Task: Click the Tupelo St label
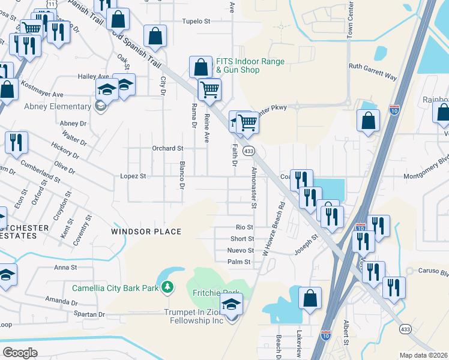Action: pyautogui.click(x=197, y=21)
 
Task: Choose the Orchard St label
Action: pyautogui.click(x=167, y=148)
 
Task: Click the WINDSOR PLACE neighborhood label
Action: pyautogui.click(x=146, y=232)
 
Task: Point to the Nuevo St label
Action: pyautogui.click(x=241, y=250)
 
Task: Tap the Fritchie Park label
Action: pyautogui.click(x=207, y=293)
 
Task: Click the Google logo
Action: pyautogui.click(x=20, y=353)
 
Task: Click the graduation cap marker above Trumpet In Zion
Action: pyautogui.click(x=231, y=305)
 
